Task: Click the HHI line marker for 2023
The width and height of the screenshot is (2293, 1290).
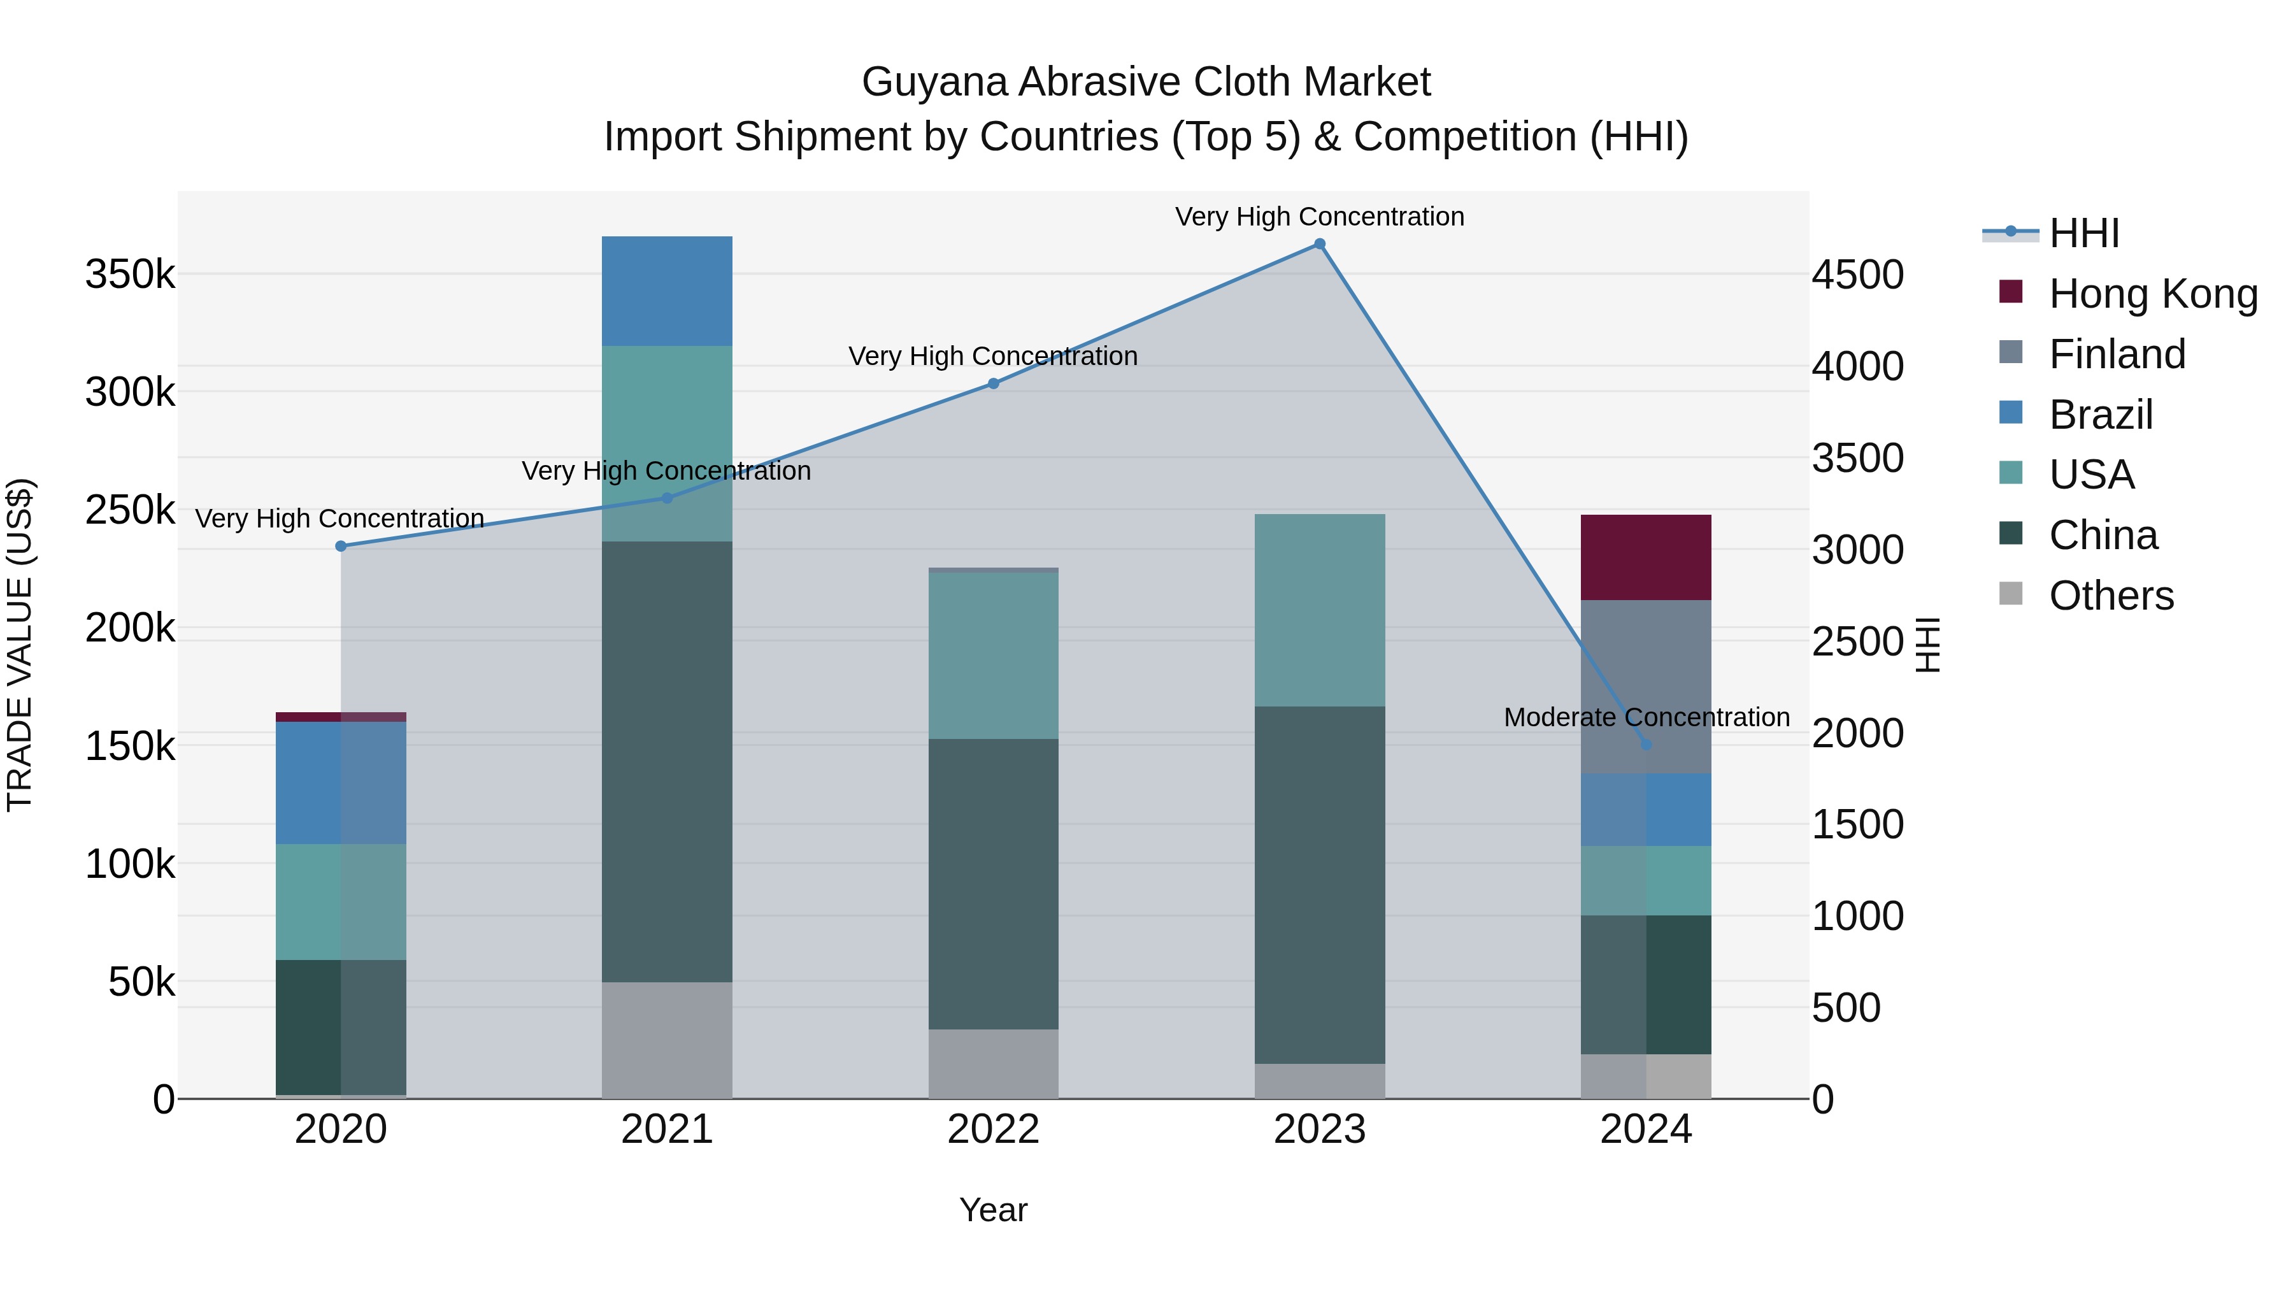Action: pos(1319,244)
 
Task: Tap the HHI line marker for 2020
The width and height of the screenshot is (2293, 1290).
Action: pos(341,546)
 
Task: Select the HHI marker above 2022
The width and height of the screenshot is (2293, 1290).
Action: pos(994,383)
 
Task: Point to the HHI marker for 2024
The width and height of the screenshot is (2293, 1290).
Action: pos(1646,744)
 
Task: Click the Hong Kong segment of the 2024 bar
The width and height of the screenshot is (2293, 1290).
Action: pos(1646,557)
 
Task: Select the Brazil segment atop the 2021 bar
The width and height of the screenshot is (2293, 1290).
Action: pos(667,291)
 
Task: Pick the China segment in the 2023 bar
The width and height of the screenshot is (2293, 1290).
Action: pos(1319,884)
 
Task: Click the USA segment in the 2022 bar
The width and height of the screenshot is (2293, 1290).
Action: pos(994,656)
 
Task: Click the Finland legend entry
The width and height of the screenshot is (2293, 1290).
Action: pos(2117,354)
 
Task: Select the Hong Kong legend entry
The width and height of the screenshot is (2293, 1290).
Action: pos(2152,294)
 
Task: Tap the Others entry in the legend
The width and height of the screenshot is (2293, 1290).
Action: pos(2111,596)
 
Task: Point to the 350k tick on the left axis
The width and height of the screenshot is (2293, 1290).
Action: pos(130,274)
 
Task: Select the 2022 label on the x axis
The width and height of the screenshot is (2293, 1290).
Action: pos(994,1129)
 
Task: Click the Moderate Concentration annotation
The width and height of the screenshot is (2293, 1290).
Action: pos(1646,717)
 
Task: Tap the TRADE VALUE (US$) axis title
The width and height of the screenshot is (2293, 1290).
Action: pos(20,645)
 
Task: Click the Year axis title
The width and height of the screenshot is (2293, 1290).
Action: pos(994,1210)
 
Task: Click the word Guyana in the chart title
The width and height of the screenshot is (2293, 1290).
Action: pos(934,82)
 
